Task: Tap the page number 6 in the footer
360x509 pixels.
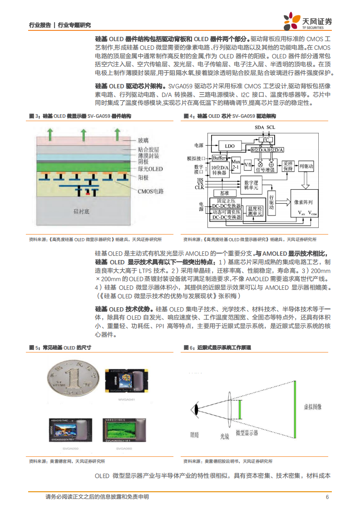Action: point(327,497)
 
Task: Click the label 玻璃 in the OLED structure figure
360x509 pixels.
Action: point(143,139)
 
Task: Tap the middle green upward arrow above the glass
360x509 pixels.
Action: point(84,134)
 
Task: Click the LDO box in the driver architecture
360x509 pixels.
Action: point(230,146)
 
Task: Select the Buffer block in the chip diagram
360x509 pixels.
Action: point(220,158)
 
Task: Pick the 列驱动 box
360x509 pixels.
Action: point(306,166)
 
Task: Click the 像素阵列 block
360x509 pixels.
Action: point(307,204)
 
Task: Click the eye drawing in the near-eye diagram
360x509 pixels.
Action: point(197,409)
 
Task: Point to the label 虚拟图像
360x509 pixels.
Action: point(312,406)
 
